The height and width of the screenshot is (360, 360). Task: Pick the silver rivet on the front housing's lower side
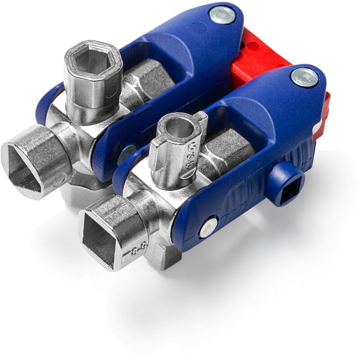[208, 228]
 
